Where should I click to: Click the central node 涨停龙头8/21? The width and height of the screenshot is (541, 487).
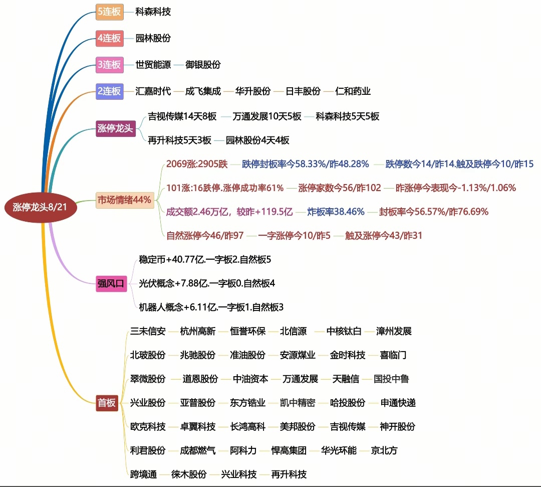click(41, 207)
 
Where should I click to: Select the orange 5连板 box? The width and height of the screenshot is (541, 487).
click(109, 12)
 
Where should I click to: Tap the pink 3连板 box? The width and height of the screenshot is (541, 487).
click(109, 65)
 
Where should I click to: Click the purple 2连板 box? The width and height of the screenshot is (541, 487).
click(109, 91)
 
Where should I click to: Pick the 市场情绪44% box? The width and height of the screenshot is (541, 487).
click(125, 200)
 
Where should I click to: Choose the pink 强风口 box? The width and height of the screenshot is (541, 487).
click(111, 283)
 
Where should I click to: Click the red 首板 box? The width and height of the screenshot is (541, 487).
click(107, 403)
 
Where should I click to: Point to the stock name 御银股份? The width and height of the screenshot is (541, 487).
click(203, 65)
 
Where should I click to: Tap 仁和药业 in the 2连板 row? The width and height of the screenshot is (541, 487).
click(353, 91)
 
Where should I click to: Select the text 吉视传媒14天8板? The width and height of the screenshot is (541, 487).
click(182, 116)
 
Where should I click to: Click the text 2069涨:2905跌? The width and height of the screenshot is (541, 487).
click(197, 164)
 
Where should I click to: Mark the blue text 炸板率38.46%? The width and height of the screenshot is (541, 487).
click(336, 212)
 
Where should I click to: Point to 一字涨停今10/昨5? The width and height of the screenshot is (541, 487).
click(295, 236)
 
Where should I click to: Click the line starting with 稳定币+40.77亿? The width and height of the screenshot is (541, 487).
click(205, 259)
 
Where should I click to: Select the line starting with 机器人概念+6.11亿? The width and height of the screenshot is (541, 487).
click(211, 307)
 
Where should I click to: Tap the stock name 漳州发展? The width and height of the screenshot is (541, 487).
click(394, 331)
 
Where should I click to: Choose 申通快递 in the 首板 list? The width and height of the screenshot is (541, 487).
click(398, 403)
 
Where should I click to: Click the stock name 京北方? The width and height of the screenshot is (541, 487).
click(384, 450)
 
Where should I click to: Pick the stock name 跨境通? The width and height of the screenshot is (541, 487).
click(144, 474)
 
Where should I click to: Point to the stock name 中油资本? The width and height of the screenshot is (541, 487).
click(250, 379)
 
